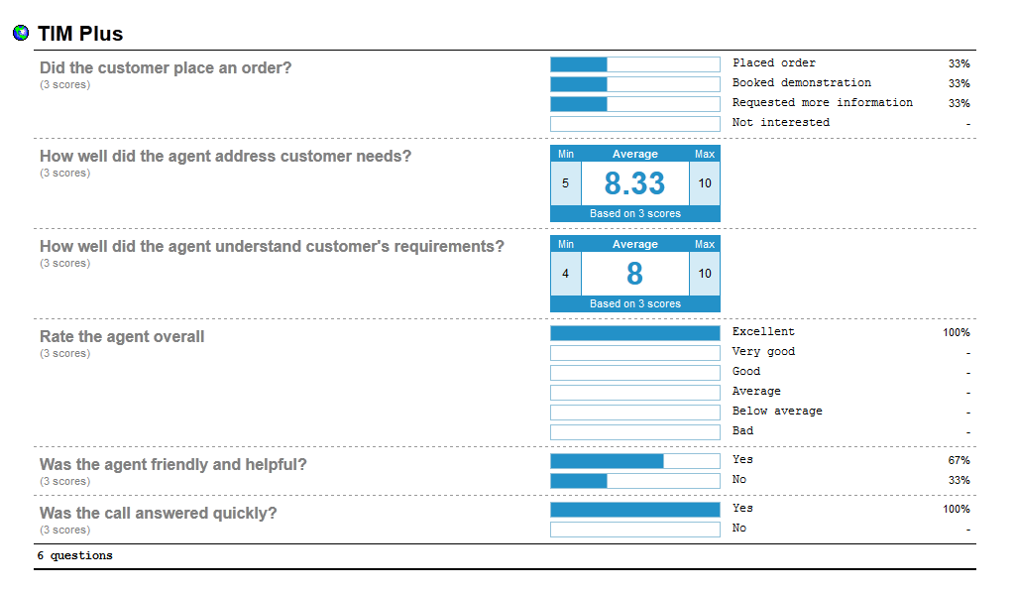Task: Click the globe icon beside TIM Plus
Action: (21, 34)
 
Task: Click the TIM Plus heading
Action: (80, 34)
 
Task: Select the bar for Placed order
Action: (634, 64)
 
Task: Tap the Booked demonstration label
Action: (801, 83)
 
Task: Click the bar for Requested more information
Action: (634, 104)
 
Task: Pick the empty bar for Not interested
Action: (634, 124)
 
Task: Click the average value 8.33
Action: (634, 183)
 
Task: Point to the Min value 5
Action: (565, 183)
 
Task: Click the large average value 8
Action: (634, 274)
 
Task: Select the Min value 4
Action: (565, 274)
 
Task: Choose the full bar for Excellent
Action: (634, 333)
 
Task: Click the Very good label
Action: (763, 352)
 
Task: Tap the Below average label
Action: (777, 412)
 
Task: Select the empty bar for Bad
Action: (634, 432)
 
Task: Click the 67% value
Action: (959, 461)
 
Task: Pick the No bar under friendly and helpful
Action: (634, 481)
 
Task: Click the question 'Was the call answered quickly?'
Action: (158, 514)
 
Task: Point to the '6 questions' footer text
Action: (75, 556)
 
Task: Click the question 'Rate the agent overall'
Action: (122, 337)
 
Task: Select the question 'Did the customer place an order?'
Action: (166, 68)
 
